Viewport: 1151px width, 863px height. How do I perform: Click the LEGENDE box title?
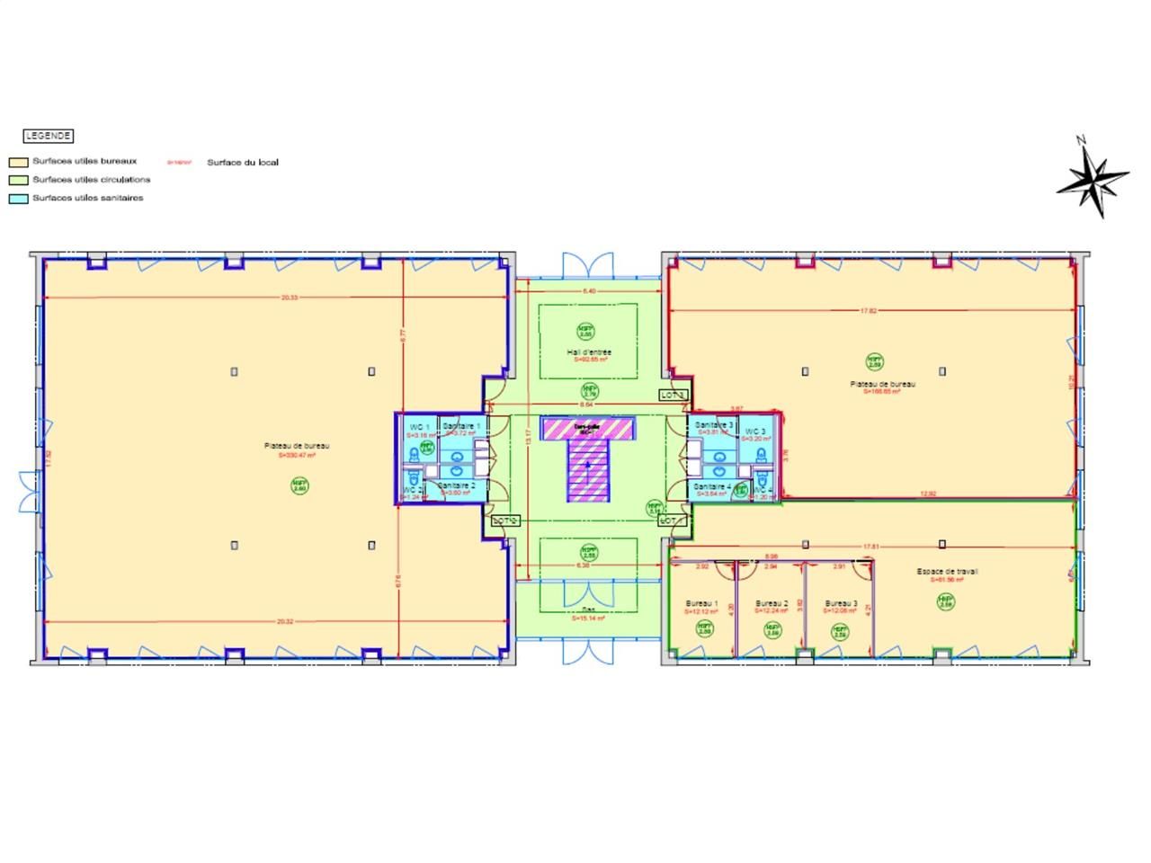click(x=49, y=136)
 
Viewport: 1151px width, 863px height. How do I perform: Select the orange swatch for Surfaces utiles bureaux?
click(x=17, y=163)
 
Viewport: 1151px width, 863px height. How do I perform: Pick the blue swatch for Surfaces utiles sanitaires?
click(x=17, y=199)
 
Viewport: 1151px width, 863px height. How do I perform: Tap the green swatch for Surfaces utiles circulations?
click(x=17, y=181)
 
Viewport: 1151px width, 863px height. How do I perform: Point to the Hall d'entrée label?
click(x=589, y=352)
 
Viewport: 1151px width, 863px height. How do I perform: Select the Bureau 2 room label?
click(x=772, y=603)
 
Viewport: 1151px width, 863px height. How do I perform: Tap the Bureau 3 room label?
click(x=841, y=603)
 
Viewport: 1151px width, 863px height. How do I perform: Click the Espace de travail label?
click(x=947, y=571)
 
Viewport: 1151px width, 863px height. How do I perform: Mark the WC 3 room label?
click(x=755, y=431)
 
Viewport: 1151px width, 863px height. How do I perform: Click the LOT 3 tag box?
click(x=674, y=395)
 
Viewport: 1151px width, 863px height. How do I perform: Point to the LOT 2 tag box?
click(x=505, y=520)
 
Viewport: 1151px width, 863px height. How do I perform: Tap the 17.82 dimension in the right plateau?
click(x=868, y=310)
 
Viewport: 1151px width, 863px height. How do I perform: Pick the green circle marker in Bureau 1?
click(x=704, y=629)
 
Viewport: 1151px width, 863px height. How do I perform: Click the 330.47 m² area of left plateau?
click(x=297, y=456)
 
